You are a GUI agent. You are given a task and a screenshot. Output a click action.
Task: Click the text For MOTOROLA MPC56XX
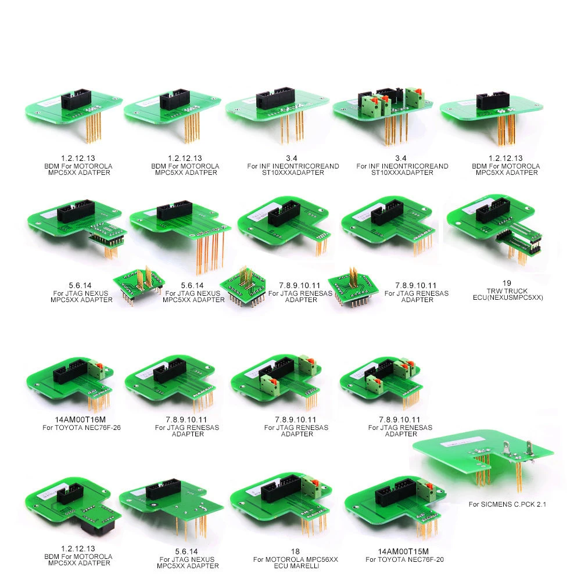295,559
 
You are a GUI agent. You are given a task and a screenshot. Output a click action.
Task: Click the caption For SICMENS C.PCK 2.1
507,504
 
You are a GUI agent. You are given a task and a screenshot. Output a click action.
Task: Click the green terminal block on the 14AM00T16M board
98,370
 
